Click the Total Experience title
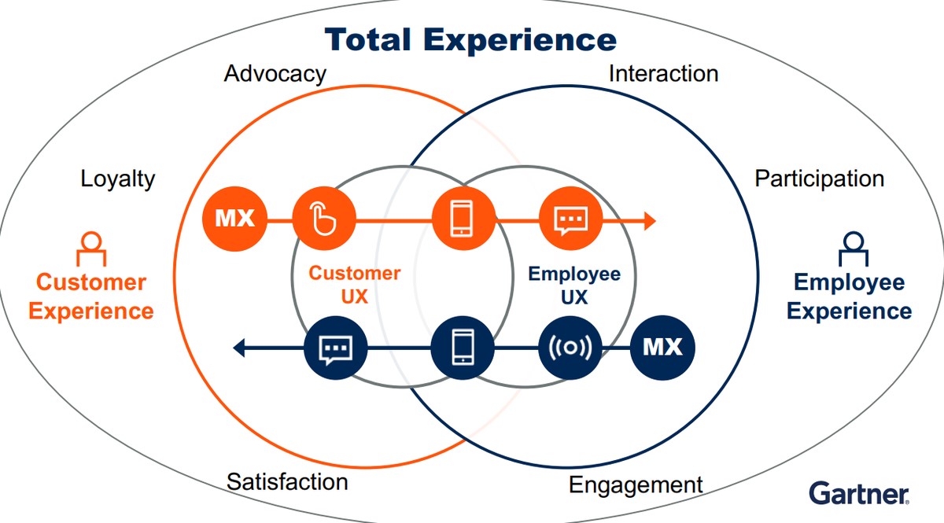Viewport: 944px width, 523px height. pyautogui.click(x=470, y=39)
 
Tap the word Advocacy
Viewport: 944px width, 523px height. pyautogui.click(x=275, y=74)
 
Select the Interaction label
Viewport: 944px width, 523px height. pyautogui.click(x=663, y=74)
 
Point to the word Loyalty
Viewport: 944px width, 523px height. pyautogui.click(x=118, y=179)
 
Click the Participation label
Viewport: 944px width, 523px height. pyautogui.click(x=819, y=179)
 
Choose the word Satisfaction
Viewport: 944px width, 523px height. pyautogui.click(x=287, y=481)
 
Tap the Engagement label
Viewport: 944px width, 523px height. pyautogui.click(x=636, y=484)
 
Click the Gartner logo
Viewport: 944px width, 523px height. pyautogui.click(x=859, y=494)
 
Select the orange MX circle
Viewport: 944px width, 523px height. pyautogui.click(x=234, y=218)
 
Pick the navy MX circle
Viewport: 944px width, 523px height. pyautogui.click(x=663, y=347)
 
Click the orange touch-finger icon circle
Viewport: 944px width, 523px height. pyautogui.click(x=324, y=218)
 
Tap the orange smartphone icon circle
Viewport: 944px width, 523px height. pyautogui.click(x=463, y=219)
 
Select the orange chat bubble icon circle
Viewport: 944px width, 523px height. pyautogui.click(x=570, y=219)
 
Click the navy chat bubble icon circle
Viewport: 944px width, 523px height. pyautogui.click(x=336, y=347)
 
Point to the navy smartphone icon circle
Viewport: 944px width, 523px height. pyautogui.click(x=463, y=347)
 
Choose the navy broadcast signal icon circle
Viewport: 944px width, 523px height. pyautogui.click(x=570, y=347)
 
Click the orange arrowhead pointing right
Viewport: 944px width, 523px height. pyautogui.click(x=648, y=221)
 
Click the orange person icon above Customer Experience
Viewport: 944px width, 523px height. pyautogui.click(x=91, y=248)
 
